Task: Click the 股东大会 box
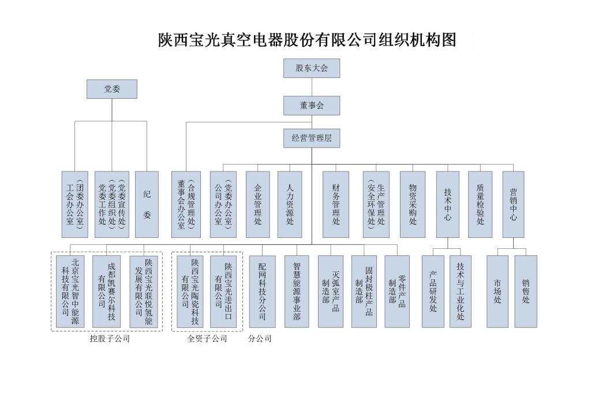tap(312, 68)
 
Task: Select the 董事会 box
tap(312, 106)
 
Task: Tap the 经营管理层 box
tap(312, 138)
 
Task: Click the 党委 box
tap(112, 89)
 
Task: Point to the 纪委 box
tap(147, 204)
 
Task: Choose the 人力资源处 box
tap(290, 204)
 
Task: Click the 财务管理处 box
tap(336, 204)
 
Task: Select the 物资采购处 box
tap(413, 204)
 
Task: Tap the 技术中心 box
tap(448, 204)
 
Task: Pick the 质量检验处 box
tap(480, 204)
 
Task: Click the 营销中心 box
tap(513, 204)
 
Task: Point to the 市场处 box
tap(497, 292)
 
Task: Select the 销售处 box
tap(526, 292)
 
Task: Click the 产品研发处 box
tap(433, 292)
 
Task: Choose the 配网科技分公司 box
tap(262, 292)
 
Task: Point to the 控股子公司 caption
tap(110, 339)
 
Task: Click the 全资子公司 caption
tap(207, 339)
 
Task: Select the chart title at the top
tap(307, 40)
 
